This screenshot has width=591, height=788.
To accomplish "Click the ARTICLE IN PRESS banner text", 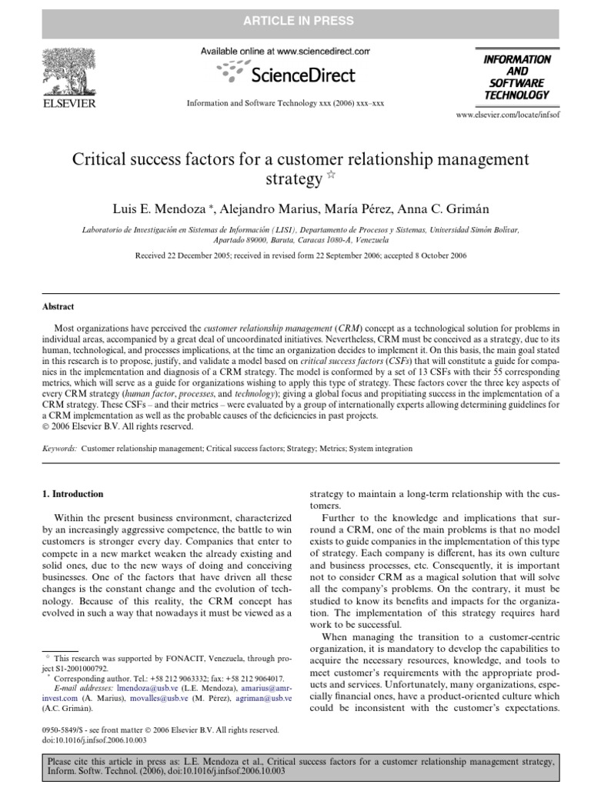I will coord(295,21).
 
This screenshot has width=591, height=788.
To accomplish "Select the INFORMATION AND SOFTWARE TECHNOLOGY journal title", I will coord(516,77).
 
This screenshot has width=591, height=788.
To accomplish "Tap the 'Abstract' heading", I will coord(58,306).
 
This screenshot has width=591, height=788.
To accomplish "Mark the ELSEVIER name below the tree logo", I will coord(68,102).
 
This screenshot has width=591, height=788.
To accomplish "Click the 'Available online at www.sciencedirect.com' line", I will coord(285,51).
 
